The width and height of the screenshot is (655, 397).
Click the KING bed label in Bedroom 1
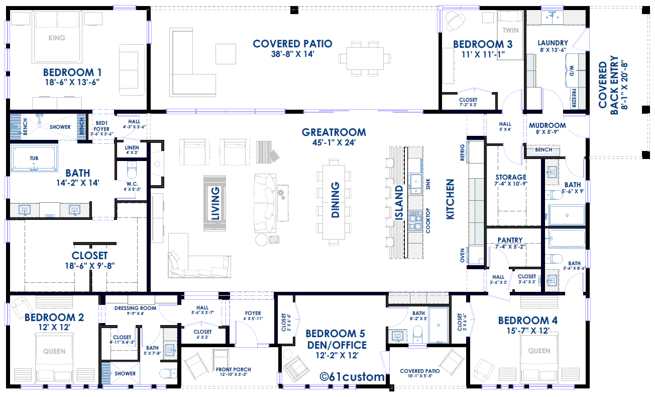(57, 38)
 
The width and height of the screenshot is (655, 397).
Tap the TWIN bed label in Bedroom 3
(510, 30)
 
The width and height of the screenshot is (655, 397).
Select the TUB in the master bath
(34, 158)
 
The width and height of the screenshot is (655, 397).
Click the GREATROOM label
(334, 132)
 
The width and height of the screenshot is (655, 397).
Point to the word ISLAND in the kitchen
(399, 202)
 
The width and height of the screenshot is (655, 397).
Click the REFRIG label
(462, 152)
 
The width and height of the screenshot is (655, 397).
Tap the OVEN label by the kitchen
(462, 255)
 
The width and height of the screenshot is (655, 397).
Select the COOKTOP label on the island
(428, 220)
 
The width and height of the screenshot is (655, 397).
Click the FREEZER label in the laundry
(574, 98)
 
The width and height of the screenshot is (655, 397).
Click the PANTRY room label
(510, 240)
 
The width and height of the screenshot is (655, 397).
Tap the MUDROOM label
(547, 125)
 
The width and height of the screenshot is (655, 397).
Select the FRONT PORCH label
(234, 369)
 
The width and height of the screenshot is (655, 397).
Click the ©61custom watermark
(352, 377)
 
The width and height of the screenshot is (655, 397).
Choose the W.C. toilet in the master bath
(132, 171)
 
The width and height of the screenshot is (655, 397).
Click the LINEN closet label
(132, 147)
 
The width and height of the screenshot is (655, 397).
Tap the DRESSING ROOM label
(135, 308)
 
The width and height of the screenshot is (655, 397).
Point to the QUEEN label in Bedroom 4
(539, 351)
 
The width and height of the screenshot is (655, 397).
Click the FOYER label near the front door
(253, 313)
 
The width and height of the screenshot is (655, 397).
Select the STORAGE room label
(511, 177)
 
